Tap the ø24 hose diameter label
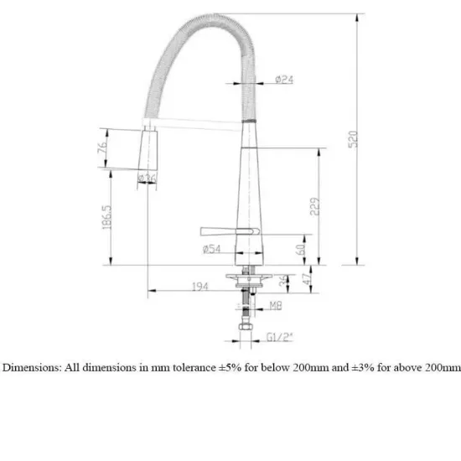pos(284,80)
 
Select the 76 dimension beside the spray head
pos(101,148)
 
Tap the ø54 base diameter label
pos(211,250)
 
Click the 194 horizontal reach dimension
pos(199,287)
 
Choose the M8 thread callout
pos(275,307)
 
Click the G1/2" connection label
pos(278,337)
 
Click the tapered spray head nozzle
pos(148,151)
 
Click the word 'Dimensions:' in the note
pos(29,366)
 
